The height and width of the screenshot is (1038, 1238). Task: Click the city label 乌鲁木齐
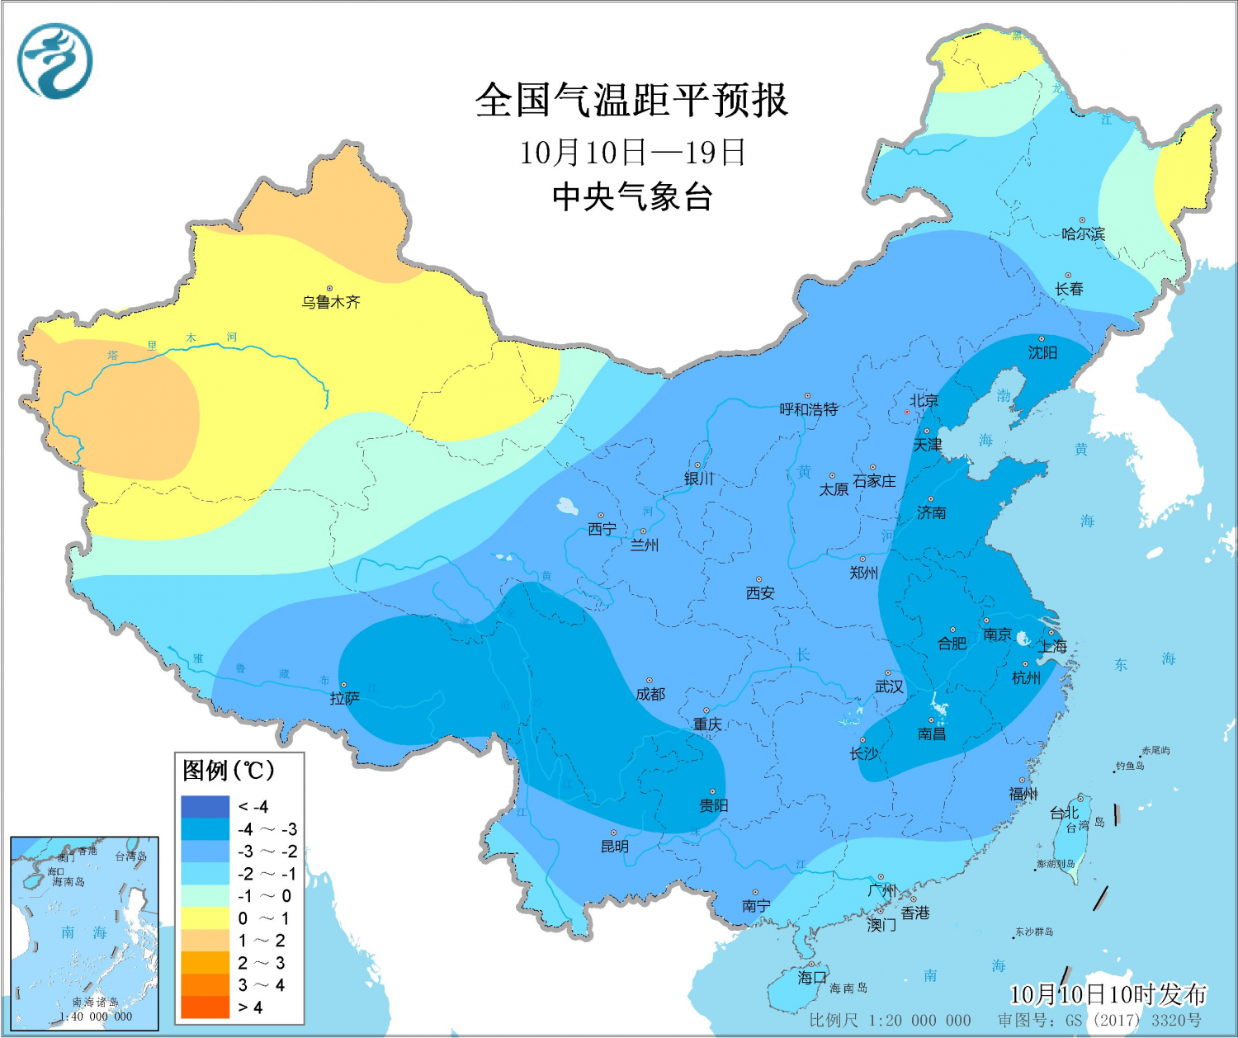331,302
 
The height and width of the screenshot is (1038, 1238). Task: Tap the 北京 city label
924,401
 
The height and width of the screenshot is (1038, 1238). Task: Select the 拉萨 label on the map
345,699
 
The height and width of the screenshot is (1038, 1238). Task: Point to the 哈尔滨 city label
1083,234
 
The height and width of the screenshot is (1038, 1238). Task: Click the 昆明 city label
615,847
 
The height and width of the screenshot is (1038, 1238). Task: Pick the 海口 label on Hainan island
812,978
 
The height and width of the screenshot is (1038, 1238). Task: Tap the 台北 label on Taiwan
1063,814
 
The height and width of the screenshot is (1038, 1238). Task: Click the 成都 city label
650,695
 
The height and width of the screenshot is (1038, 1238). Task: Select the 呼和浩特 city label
809,409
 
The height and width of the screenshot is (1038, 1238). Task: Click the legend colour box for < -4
205,807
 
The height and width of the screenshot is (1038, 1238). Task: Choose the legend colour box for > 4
205,1007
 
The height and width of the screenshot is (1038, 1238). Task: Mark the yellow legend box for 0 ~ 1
205,918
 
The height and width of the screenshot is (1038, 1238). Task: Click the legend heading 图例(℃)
229,771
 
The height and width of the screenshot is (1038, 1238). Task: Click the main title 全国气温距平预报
631,101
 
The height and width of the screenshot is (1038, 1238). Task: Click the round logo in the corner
54,61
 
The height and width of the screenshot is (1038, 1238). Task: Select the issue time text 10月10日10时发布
1108,995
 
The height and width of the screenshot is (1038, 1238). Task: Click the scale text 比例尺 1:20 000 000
890,1021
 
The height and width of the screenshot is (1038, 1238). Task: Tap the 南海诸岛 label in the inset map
95,1002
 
